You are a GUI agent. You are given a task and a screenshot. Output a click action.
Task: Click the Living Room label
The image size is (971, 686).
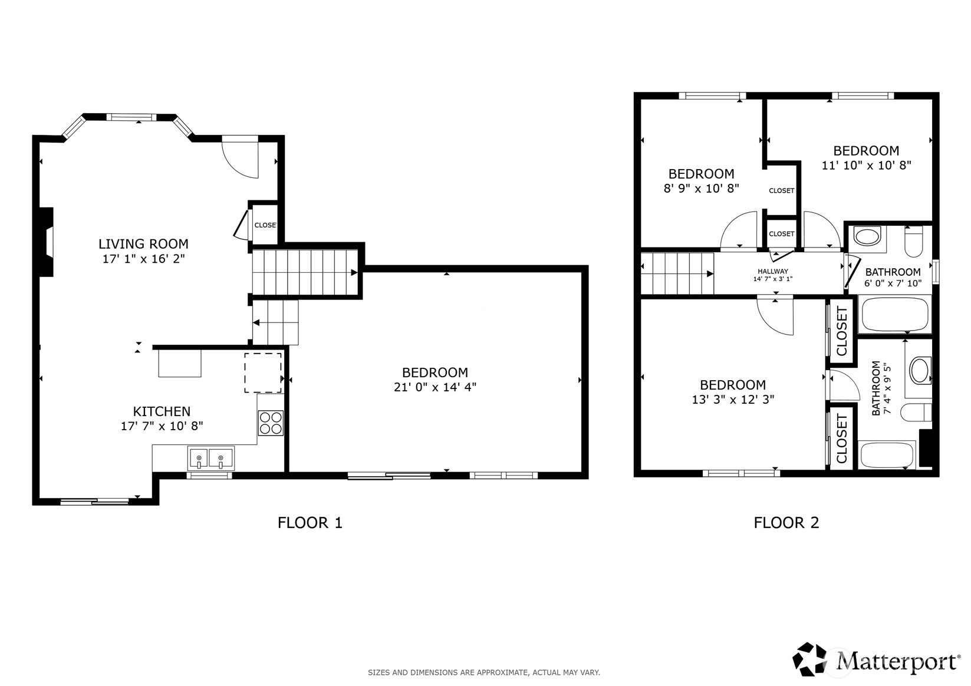143,244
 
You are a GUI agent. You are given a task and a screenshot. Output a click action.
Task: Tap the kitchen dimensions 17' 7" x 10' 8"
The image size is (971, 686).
162,426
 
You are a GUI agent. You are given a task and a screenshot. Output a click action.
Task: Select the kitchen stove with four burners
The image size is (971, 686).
271,423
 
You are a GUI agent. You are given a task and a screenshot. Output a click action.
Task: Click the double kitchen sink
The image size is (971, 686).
211,459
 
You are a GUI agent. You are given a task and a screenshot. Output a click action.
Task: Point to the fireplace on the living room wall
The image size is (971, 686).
46,242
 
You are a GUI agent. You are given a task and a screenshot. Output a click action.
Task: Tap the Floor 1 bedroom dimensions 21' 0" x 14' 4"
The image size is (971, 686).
435,387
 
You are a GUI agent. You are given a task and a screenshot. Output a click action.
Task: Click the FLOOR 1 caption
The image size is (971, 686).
310,523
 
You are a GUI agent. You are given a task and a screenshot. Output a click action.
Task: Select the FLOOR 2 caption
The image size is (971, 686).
786,523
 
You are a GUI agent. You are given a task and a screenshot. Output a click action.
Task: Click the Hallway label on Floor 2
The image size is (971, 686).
773,271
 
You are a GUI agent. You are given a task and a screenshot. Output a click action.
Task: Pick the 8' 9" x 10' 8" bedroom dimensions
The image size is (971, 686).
702,189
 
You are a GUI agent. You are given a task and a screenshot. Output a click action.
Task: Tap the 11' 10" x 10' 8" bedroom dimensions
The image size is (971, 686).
867,165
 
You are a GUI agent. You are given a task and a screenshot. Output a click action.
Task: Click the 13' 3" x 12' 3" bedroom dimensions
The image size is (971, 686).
733,399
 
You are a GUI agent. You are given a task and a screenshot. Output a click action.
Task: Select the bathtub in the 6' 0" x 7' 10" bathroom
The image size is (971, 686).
895,314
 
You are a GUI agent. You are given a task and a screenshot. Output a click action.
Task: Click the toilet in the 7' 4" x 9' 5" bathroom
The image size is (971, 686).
916,412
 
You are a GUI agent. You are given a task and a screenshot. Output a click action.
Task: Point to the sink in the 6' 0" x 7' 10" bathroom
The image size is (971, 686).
867,238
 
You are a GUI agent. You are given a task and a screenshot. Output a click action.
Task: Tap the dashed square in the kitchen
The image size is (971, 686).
263,372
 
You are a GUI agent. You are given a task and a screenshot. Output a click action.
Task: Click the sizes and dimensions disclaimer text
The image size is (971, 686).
484,672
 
